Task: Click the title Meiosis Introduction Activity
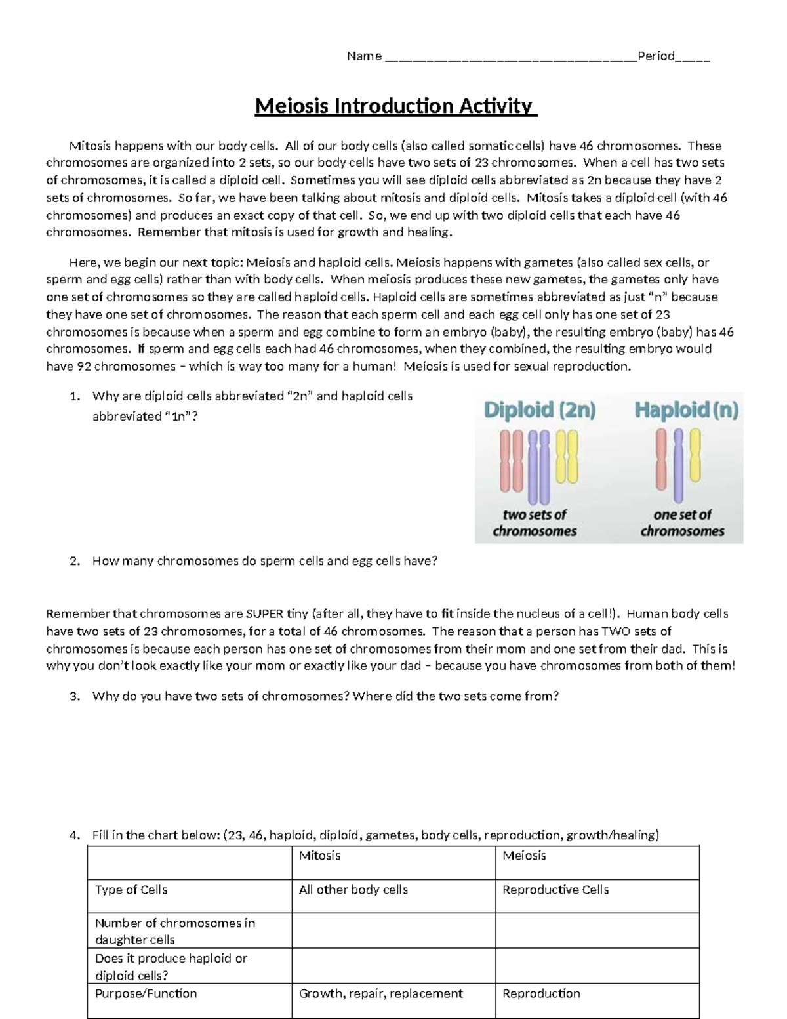[x=395, y=106]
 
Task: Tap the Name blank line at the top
[x=510, y=57]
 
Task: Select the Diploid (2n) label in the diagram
[x=539, y=411]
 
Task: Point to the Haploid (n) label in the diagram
[x=686, y=411]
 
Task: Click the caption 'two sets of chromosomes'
[x=535, y=523]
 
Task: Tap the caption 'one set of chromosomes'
[x=682, y=523]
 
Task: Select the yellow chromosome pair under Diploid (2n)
[x=566, y=455]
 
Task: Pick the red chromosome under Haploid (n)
[x=661, y=459]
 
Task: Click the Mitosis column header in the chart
[x=319, y=856]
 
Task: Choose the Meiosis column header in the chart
[x=524, y=856]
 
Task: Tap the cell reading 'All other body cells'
[x=353, y=890]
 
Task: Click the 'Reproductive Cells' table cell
[x=555, y=890]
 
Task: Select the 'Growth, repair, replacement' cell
[x=381, y=993]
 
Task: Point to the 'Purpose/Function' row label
[x=146, y=993]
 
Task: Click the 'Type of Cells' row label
[x=131, y=890]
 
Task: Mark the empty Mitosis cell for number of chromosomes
[x=393, y=931]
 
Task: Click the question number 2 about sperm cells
[x=75, y=561]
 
